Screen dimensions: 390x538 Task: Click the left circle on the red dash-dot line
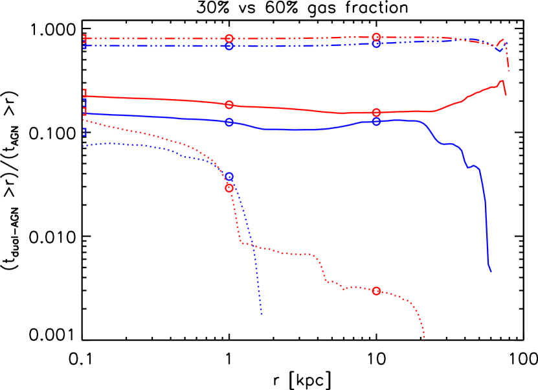click(229, 38)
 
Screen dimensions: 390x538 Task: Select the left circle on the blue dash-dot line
click(229, 46)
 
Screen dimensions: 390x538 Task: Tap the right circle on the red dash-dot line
click(376, 37)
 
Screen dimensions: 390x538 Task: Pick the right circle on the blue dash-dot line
click(376, 44)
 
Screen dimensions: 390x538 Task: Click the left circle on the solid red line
click(229, 105)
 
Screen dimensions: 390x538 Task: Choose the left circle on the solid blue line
click(229, 122)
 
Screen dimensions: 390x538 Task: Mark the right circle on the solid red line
click(376, 113)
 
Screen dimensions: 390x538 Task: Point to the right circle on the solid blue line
click(376, 121)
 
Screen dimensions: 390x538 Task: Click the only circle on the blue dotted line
click(229, 176)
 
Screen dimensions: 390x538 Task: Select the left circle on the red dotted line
click(229, 188)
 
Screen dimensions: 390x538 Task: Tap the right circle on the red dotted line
click(376, 291)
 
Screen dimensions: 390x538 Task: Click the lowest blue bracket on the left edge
click(84, 132)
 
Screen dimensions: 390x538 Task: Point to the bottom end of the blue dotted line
click(262, 315)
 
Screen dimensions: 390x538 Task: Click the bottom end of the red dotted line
click(424, 338)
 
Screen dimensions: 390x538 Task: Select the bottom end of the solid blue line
click(491, 271)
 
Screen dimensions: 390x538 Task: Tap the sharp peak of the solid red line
click(502, 81)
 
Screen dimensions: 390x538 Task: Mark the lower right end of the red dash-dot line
click(509, 71)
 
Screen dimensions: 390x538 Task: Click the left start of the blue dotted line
click(84, 147)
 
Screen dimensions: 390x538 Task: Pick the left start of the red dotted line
click(84, 120)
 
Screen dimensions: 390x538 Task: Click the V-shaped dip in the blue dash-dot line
click(499, 50)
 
